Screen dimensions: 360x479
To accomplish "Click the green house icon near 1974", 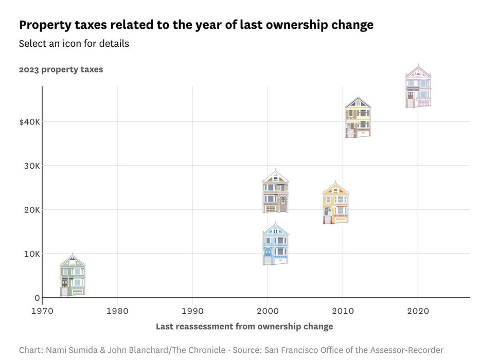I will point(73,276).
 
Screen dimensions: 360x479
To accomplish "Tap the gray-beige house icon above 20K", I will point(275,191).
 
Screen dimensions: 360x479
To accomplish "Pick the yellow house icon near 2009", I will point(335,203).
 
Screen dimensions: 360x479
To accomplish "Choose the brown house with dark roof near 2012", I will point(358,118).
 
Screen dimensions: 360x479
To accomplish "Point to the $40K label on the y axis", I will point(30,122).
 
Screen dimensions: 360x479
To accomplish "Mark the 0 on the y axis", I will point(37,298).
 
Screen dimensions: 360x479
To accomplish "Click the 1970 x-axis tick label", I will point(42,311).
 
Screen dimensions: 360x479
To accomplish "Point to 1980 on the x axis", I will point(117,311).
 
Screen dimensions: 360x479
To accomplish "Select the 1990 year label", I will point(192,311).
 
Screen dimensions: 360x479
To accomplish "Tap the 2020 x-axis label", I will point(418,311).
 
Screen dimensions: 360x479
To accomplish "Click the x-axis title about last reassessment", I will point(244,327).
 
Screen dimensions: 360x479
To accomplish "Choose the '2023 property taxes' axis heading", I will point(61,69).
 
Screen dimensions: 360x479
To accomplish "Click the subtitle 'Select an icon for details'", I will point(74,44).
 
